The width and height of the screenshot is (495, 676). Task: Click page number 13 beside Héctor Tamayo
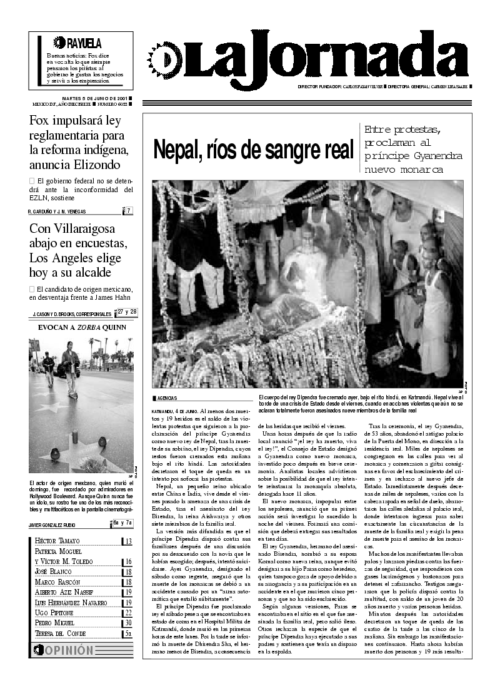coord(127,542)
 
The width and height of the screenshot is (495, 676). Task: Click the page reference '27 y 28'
coord(127,312)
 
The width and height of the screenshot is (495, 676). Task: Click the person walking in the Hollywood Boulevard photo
coord(70,371)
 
